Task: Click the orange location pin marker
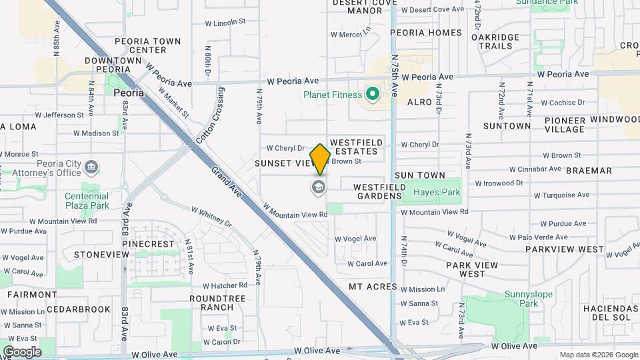point(320,159)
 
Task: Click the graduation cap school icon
point(319,187)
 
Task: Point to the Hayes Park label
point(437,192)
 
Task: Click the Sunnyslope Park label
point(521,298)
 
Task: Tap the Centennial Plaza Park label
point(87,201)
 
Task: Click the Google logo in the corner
point(22,351)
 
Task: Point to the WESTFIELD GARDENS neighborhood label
point(379,192)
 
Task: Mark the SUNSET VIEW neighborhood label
point(284,163)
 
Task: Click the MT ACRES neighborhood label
point(373,287)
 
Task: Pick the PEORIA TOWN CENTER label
point(148,45)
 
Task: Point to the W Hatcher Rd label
point(225,285)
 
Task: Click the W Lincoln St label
point(226,23)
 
